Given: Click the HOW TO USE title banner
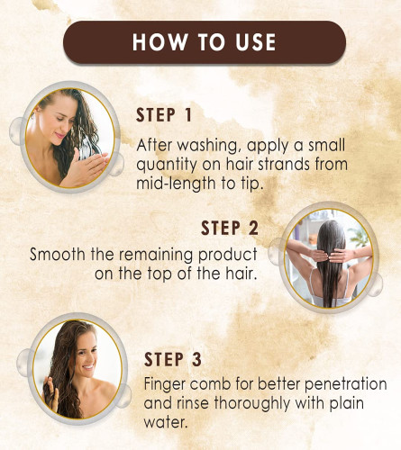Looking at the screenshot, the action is coord(205,42).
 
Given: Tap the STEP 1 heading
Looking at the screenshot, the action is coord(164,115).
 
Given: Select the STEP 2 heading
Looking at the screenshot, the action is coord(230,228).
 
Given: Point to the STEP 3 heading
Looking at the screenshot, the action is coord(173,359).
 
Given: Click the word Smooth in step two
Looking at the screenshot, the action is coord(58,255).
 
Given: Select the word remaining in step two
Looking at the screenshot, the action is coord(157,255).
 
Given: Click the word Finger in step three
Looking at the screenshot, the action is coord(165,384).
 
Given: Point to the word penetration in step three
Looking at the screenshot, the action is coord(346,384).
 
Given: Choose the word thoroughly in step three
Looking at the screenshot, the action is coord(252,404).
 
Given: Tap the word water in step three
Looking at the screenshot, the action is coord(166,423).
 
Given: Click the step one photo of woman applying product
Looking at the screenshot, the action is coord(70,138).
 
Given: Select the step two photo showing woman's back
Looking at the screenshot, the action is coord(329,258).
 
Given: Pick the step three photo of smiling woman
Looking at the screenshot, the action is coord(77,369).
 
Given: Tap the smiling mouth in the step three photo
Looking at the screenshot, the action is coord(88,367).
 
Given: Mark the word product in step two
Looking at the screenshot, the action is coord(228,255).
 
